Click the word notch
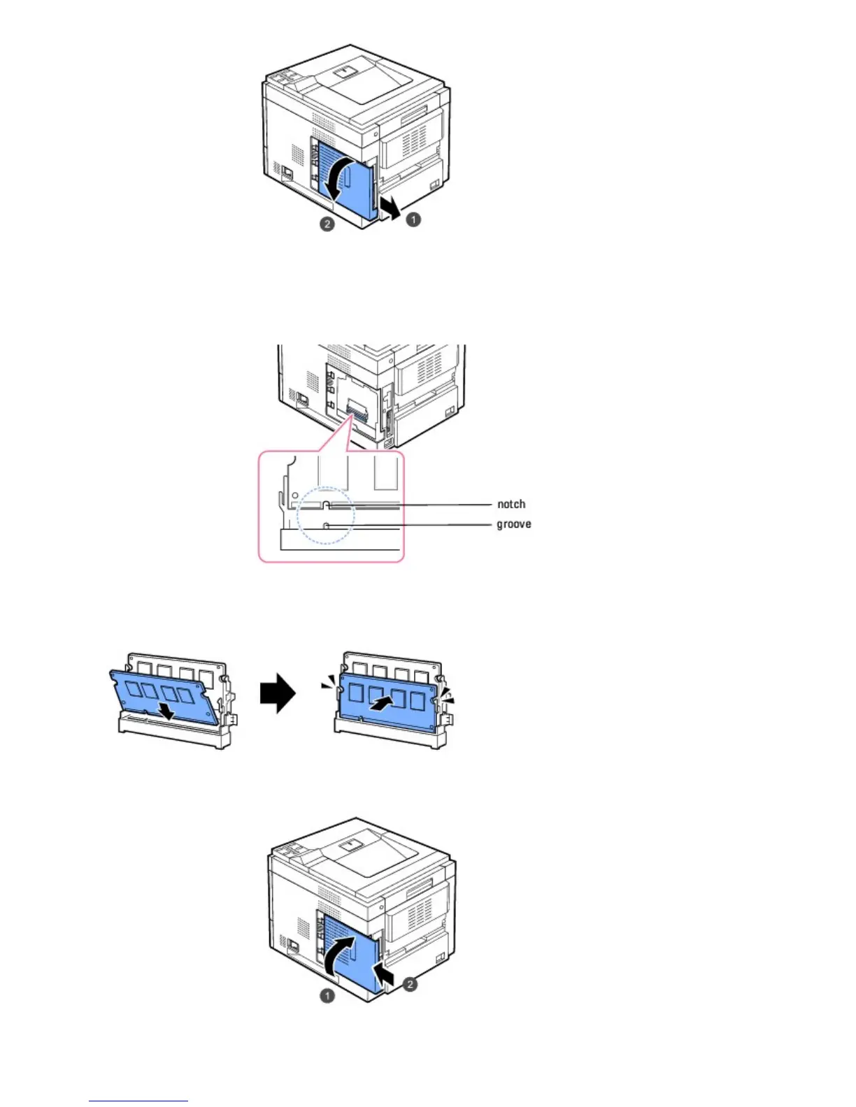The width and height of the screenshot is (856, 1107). click(511, 504)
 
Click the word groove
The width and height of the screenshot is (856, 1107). click(513, 524)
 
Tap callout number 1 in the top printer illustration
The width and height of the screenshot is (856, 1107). click(414, 219)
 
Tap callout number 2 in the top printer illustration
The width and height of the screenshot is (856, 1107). click(327, 224)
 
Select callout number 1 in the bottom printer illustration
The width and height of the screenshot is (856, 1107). click(327, 995)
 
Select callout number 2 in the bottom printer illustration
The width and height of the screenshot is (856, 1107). click(411, 984)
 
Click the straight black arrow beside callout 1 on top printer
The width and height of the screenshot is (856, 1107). click(389, 208)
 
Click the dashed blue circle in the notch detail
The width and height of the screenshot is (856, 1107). click(326, 516)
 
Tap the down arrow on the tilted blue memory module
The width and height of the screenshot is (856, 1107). click(166, 711)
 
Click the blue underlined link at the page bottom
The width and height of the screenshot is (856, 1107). click(138, 1101)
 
